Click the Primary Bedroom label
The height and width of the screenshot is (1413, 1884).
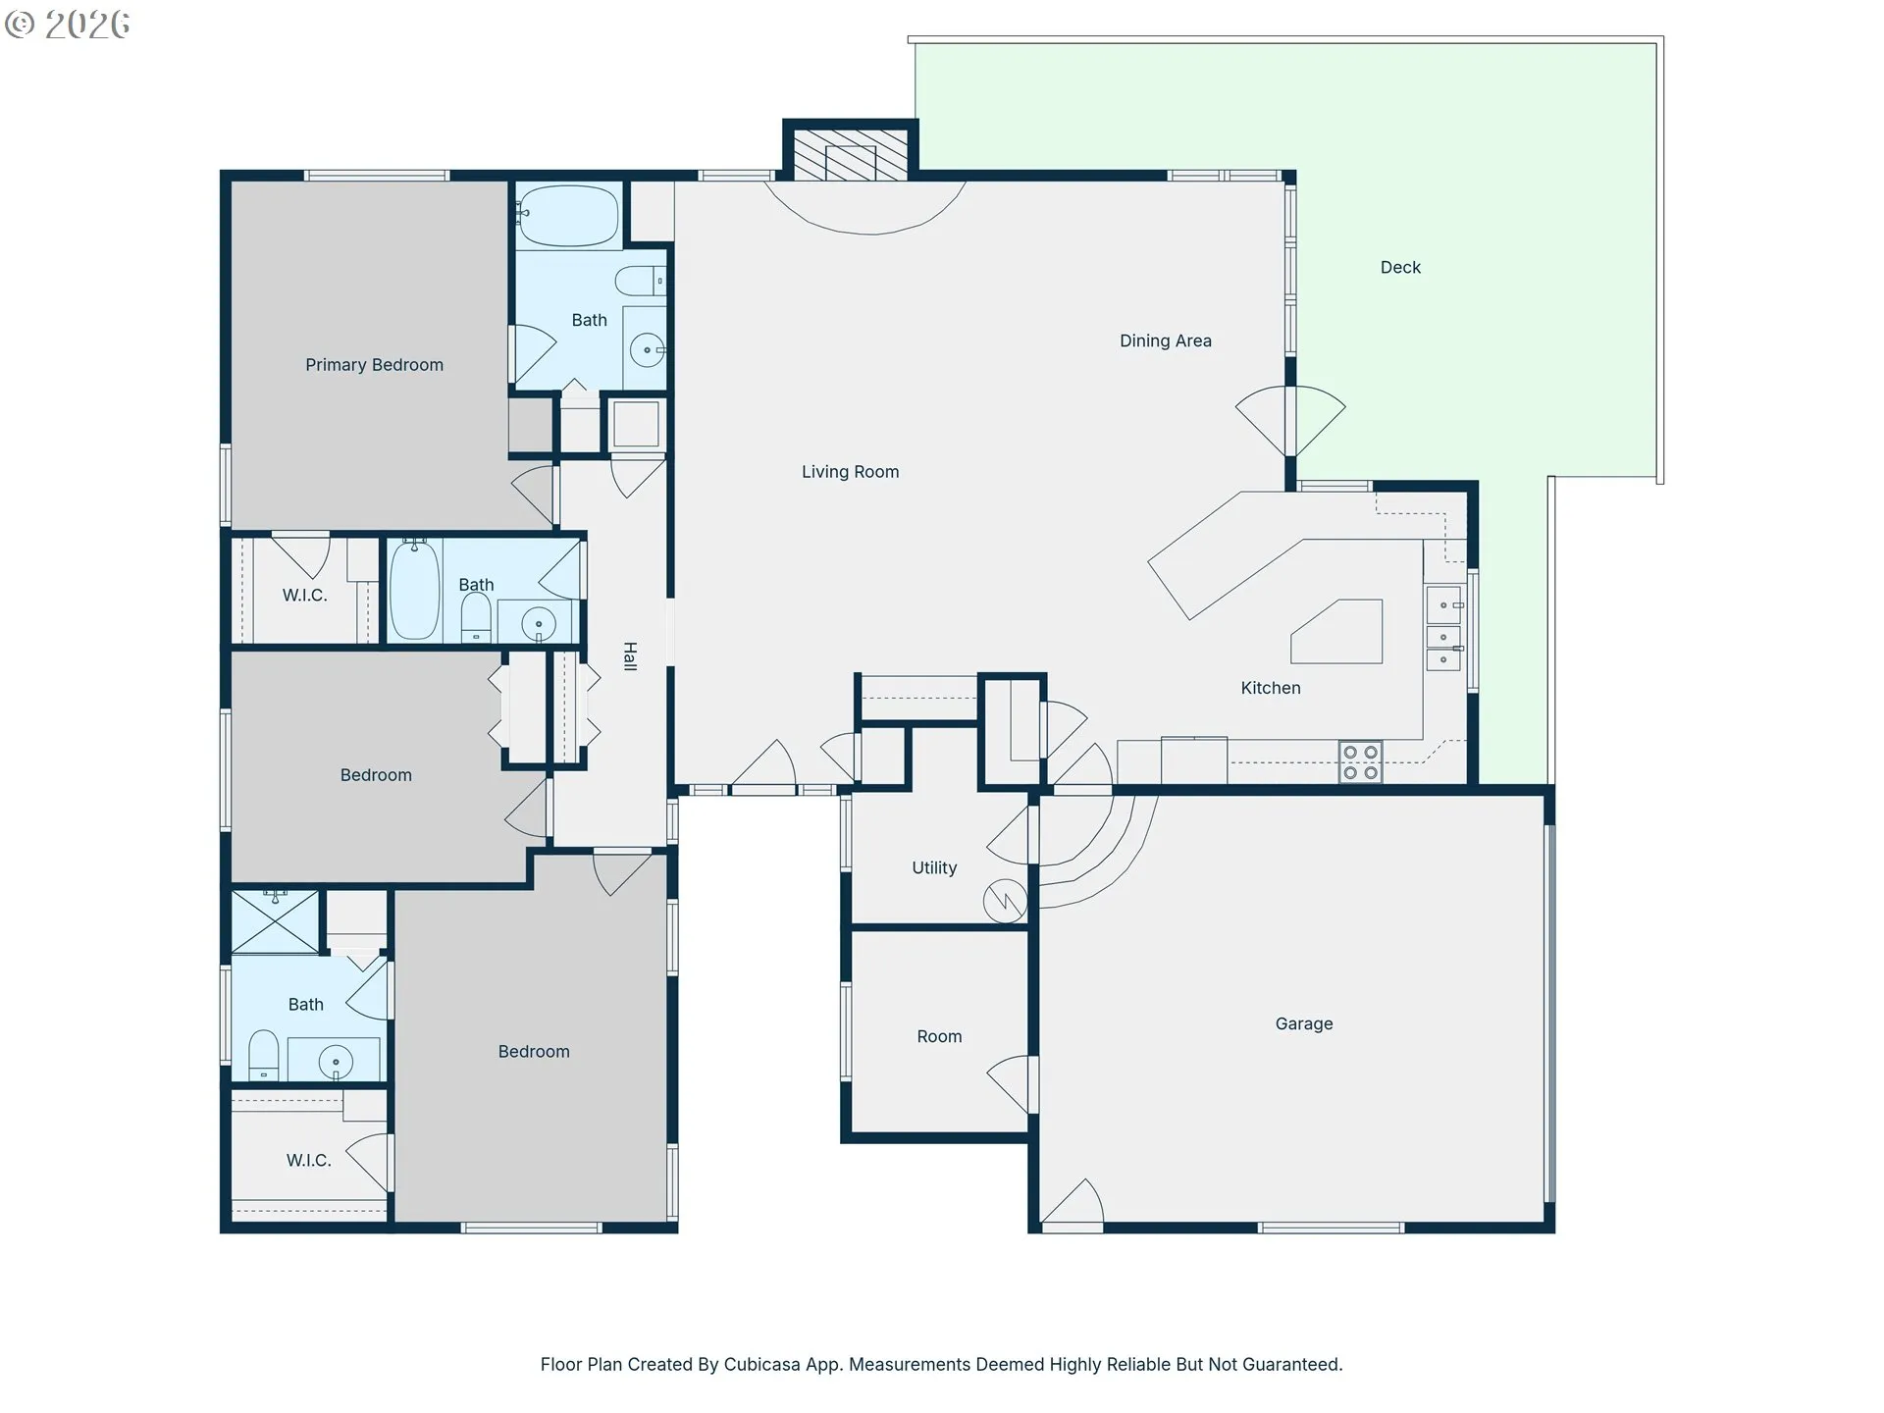tap(374, 365)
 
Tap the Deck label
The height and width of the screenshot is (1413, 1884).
tap(1400, 268)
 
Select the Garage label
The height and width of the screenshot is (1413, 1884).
tap(1304, 1023)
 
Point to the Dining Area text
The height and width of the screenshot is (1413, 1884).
tap(1166, 340)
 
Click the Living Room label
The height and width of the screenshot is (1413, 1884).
tap(850, 472)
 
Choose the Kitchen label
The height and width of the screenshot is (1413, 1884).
tap(1271, 688)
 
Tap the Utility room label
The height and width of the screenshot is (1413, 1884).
tap(934, 867)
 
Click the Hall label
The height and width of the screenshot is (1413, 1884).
tap(630, 656)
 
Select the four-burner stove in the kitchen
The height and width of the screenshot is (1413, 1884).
tap(1360, 761)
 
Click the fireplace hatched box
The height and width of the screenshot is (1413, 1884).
tap(851, 155)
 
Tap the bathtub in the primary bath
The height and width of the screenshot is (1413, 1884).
tap(568, 215)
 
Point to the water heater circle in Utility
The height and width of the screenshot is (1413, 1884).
tap(1006, 900)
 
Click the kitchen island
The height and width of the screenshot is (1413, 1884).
tap(1336, 631)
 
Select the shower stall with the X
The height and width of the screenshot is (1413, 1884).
tap(276, 921)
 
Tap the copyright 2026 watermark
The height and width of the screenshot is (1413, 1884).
tap(67, 25)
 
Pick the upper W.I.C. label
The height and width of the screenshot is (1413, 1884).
tap(304, 596)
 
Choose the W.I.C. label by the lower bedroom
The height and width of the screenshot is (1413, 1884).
tap(308, 1160)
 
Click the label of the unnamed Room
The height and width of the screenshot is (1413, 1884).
tap(939, 1036)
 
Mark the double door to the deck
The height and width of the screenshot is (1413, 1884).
tap(1290, 421)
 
